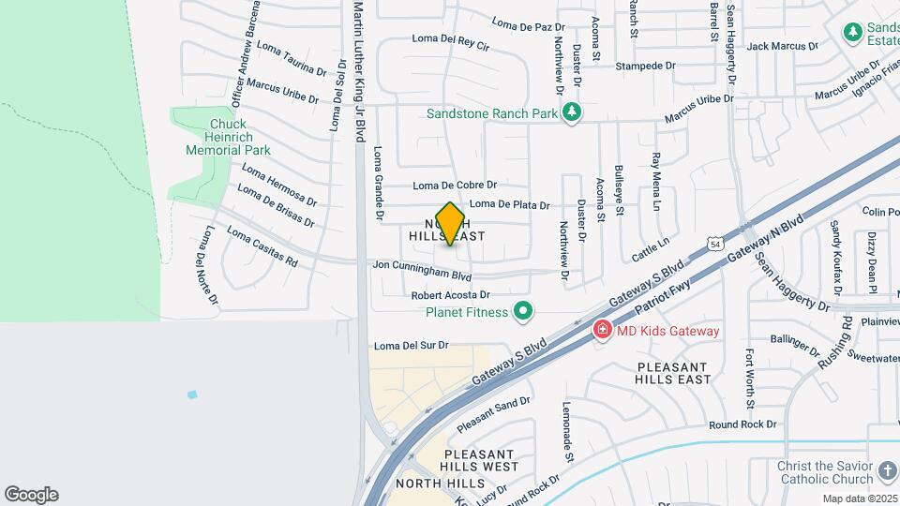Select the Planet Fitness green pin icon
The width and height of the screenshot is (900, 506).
[x=523, y=312]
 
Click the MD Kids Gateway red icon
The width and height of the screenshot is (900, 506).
[x=601, y=331]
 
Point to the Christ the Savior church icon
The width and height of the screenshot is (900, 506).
[x=887, y=469]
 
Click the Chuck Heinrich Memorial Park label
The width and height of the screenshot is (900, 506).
[x=228, y=137]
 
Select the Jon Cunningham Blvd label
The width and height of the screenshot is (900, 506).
[x=422, y=271]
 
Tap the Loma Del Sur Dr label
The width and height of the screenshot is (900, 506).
[x=412, y=345]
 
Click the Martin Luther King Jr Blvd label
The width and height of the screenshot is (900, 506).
[x=358, y=70]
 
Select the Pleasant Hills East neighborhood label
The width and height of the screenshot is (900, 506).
[x=674, y=373]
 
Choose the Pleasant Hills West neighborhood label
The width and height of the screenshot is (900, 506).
[x=474, y=460]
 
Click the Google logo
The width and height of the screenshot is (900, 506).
[x=31, y=495]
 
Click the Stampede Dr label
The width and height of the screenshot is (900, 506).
[x=646, y=66]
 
